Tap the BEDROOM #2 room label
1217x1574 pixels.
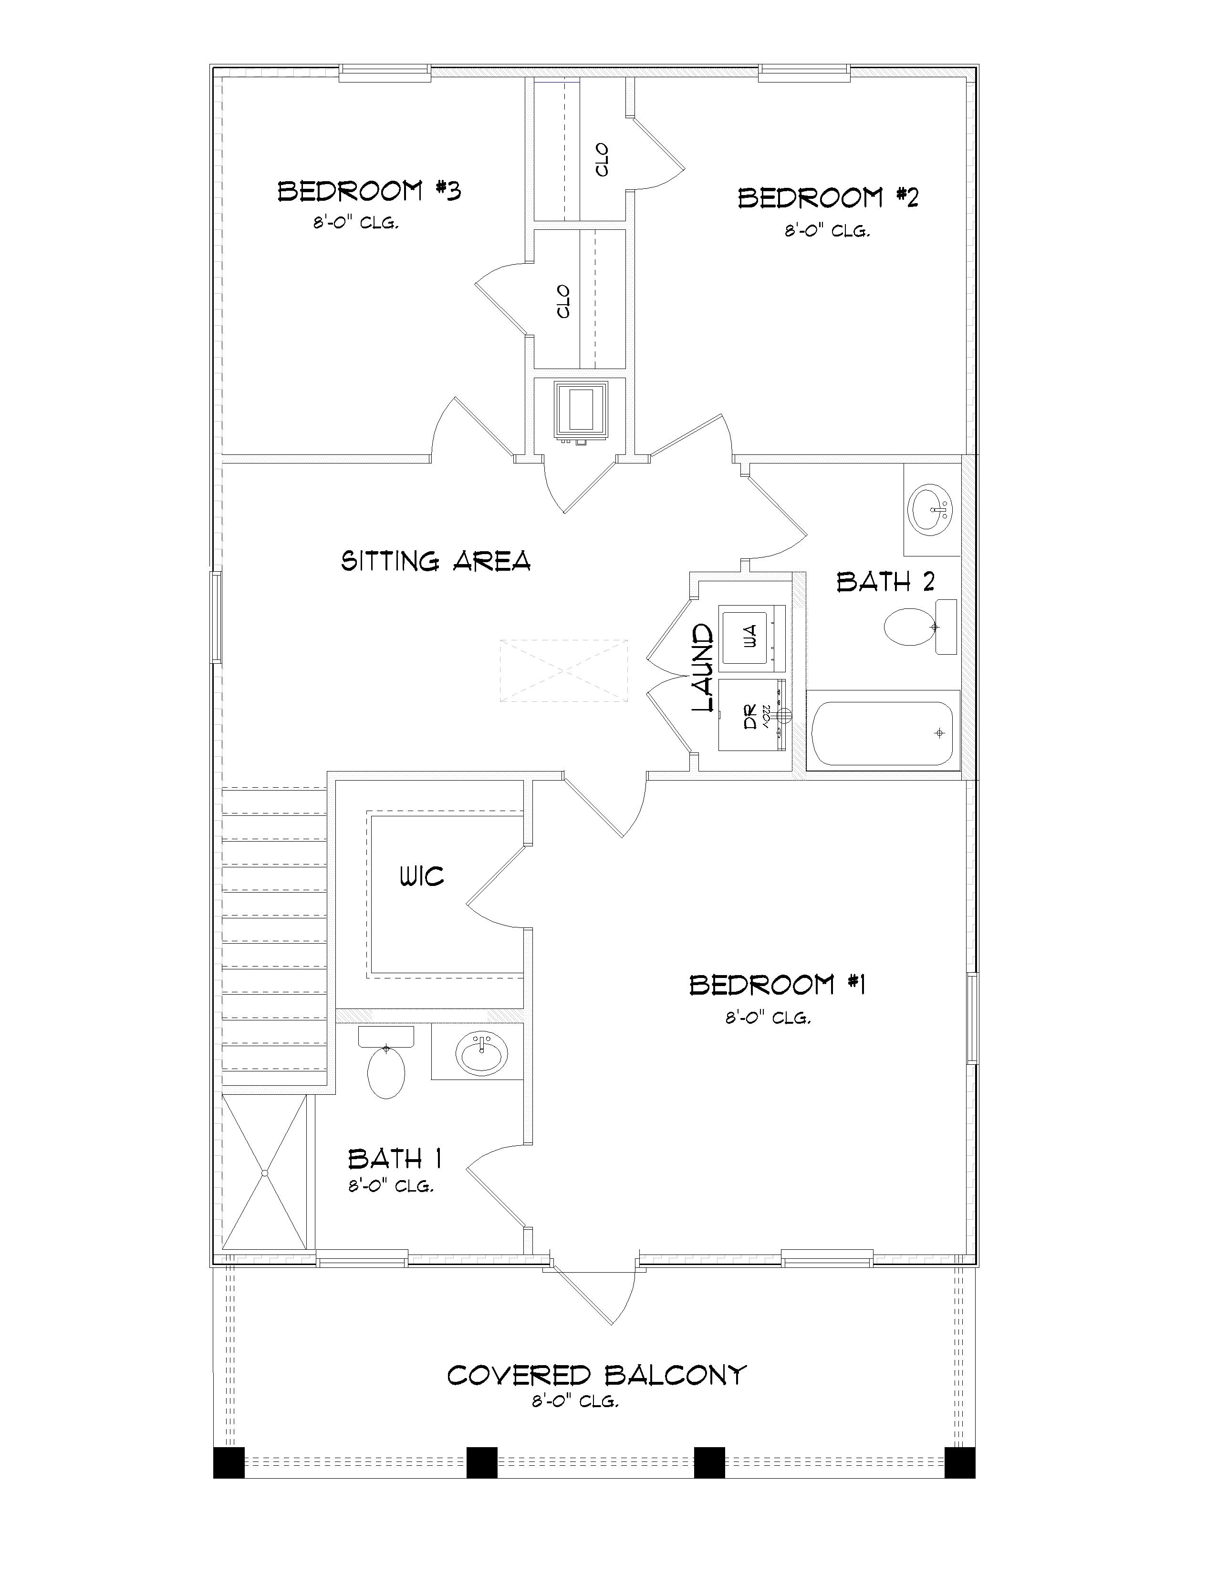coord(828,198)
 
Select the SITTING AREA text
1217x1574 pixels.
coord(436,561)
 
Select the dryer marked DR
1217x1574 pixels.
coord(750,716)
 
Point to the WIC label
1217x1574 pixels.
coord(422,877)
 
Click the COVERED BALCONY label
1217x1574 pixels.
coord(596,1375)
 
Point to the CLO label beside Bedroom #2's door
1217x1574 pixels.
coord(602,160)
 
